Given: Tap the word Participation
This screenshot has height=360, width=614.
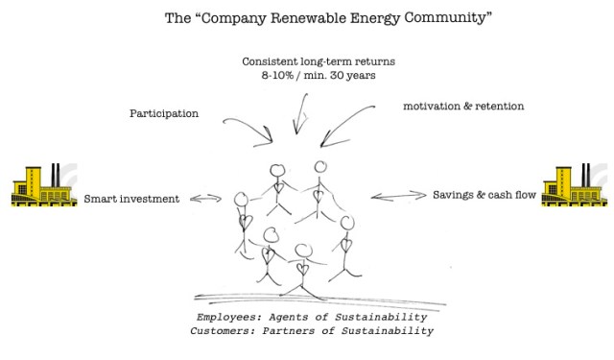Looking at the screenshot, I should pyautogui.click(x=164, y=113).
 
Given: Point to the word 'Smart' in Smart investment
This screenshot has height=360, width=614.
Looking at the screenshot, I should pyautogui.click(x=102, y=200).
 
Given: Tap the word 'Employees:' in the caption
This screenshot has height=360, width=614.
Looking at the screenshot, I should pyautogui.click(x=229, y=316).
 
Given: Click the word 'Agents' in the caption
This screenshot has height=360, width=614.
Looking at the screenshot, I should pyautogui.click(x=294, y=316).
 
